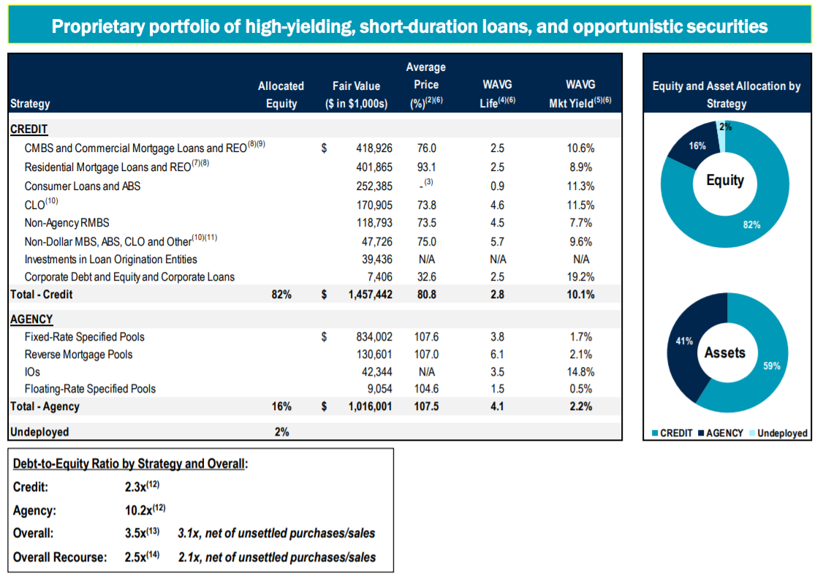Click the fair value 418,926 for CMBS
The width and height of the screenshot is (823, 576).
373,148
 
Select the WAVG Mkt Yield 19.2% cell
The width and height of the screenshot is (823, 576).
580,277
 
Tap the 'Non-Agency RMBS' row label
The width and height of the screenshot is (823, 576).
67,223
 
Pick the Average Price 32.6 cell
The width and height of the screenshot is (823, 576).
425,277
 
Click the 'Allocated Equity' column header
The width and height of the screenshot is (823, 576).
281,95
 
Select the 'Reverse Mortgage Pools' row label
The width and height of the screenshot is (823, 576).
79,355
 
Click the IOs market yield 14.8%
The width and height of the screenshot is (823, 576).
580,372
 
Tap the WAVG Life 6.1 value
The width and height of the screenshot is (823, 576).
497,355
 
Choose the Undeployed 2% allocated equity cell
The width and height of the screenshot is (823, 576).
281,432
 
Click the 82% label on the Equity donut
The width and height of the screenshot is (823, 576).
751,224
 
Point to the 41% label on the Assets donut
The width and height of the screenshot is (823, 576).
683,341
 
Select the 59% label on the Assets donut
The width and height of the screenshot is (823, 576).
772,366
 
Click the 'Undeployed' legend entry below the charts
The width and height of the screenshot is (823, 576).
782,433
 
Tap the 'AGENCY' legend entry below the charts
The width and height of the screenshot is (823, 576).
724,433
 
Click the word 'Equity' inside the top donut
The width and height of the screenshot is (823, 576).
725,179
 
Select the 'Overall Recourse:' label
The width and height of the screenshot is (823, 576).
60,557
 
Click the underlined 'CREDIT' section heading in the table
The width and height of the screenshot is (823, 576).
29,129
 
